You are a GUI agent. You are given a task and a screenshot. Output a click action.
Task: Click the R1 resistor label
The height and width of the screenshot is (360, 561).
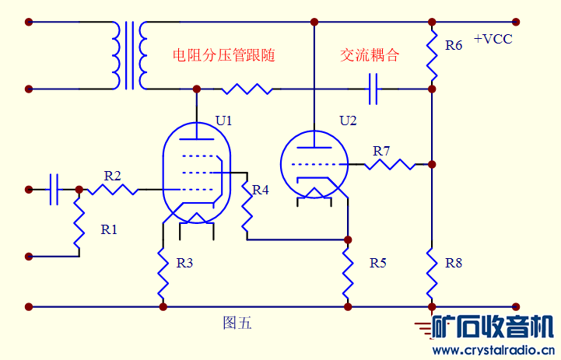pos(109,229)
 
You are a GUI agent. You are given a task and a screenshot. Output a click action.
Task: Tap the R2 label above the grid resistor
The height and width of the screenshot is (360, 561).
pos(112,176)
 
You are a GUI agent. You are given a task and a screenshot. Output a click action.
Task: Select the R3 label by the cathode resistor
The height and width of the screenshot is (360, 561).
pos(184,263)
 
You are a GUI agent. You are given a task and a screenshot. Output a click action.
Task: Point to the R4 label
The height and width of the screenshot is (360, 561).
pos(260,190)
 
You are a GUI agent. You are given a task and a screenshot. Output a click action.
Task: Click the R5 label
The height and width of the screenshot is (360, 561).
pos(377,263)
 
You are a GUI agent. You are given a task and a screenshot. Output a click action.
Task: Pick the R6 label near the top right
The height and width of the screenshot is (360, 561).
pos(454,46)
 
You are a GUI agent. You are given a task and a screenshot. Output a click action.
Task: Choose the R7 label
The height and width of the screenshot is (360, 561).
pos(381,151)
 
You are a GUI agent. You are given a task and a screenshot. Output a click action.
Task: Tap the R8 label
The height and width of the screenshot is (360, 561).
pos(454,263)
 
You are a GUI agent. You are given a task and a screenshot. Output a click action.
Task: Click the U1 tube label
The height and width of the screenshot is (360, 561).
pos(224,121)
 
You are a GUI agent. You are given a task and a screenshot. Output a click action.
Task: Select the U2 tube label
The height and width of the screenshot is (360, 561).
pos(348,121)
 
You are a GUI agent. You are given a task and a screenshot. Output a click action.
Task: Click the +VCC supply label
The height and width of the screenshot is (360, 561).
pos(493,39)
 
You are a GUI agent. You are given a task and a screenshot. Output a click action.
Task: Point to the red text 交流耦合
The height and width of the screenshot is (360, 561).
pos(370,55)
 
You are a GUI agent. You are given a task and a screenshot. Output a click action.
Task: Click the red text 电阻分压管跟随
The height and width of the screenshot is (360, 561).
pos(224,55)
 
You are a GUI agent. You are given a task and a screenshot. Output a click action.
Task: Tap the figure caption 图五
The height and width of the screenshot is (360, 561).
pos(237,323)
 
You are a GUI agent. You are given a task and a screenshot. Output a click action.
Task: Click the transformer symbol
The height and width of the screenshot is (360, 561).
pos(129,55)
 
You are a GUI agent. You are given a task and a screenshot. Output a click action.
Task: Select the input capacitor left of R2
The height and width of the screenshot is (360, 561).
pos(54,189)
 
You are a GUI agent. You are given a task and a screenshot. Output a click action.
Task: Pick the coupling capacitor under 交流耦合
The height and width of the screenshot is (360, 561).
pos(374,89)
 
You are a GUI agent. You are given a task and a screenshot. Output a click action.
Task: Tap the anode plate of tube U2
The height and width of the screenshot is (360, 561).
pos(313,146)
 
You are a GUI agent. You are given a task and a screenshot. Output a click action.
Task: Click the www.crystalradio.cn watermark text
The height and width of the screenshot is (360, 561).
pos(493,350)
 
